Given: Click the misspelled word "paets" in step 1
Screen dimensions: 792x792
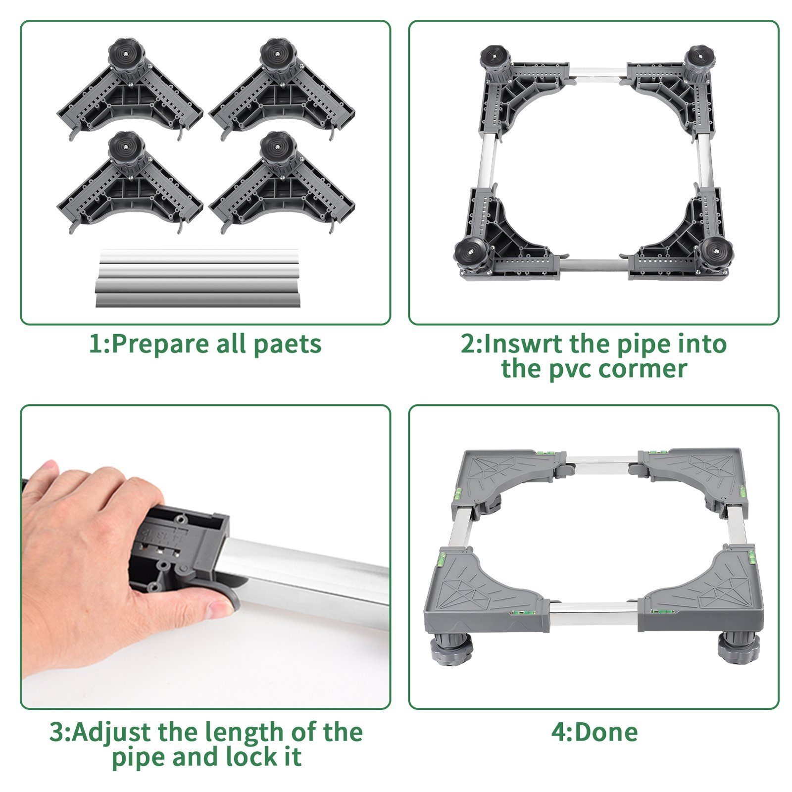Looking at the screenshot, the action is coord(287,345).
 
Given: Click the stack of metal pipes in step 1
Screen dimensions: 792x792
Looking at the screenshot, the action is coord(198,278).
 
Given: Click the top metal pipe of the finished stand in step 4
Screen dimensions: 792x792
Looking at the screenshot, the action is coord(602,465).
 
